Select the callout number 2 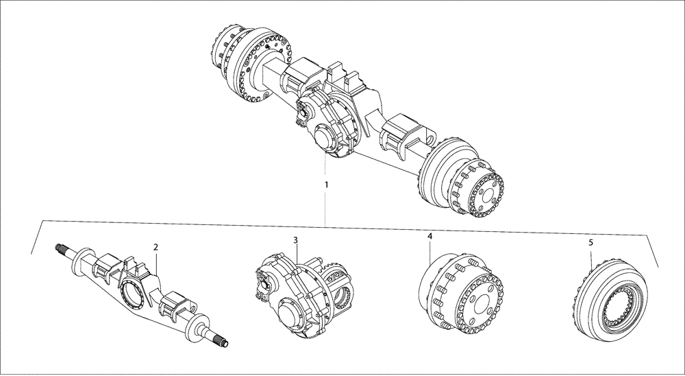(156, 247)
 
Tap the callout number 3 (295, 240)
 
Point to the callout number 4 (429, 236)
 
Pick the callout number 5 (590, 243)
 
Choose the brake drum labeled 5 (610, 302)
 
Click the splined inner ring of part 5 (616, 306)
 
